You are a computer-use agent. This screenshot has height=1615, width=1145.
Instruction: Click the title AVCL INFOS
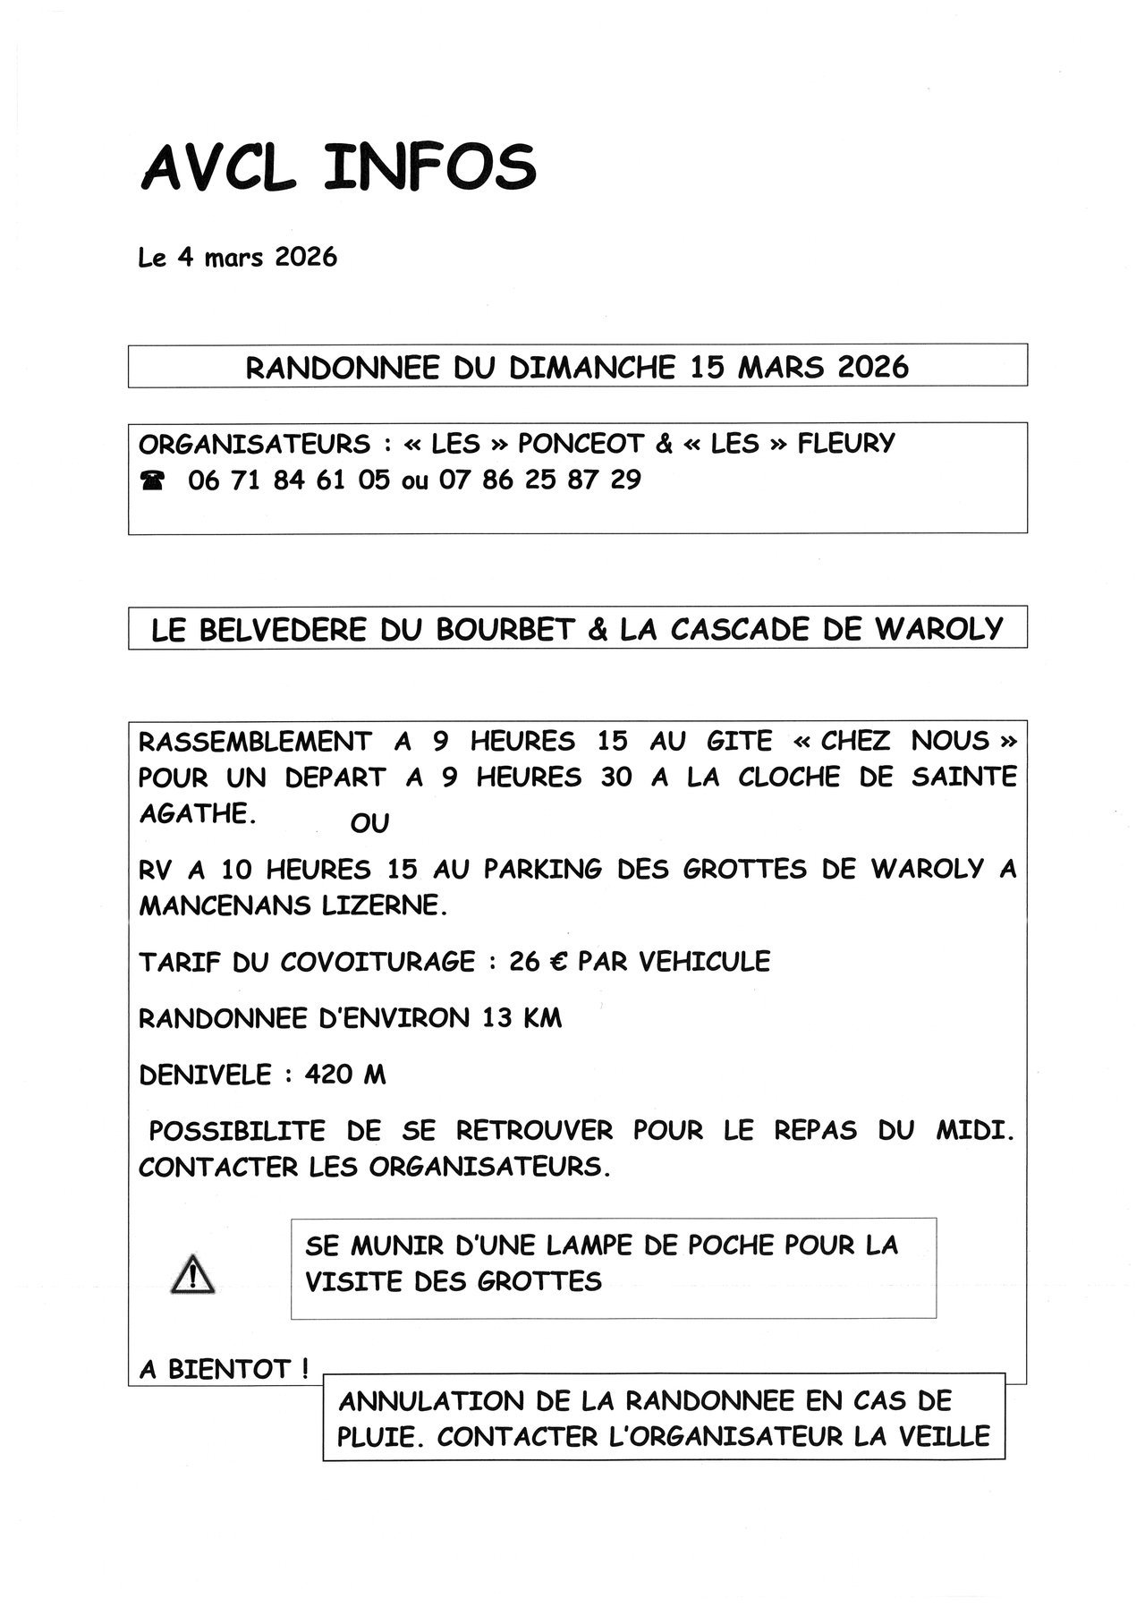tap(338, 167)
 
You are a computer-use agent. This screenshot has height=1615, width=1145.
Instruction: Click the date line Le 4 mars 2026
tap(238, 258)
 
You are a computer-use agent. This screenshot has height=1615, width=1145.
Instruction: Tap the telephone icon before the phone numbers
tap(153, 481)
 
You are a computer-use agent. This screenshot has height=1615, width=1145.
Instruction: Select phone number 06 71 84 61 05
tap(289, 480)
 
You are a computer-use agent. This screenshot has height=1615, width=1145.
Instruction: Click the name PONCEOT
tap(581, 444)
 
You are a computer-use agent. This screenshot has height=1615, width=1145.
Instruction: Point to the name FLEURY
tap(845, 444)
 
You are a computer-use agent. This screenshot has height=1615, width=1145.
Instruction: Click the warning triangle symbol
tap(192, 1274)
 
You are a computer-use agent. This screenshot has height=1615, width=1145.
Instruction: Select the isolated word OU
tap(369, 823)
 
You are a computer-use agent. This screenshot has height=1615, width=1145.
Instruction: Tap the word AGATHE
tap(192, 814)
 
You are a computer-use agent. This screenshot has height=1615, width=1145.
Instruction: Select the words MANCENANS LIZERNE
tap(291, 905)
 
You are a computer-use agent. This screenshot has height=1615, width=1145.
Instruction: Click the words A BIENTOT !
tap(225, 1369)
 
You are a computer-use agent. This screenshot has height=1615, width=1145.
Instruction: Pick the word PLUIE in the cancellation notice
tap(376, 1438)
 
